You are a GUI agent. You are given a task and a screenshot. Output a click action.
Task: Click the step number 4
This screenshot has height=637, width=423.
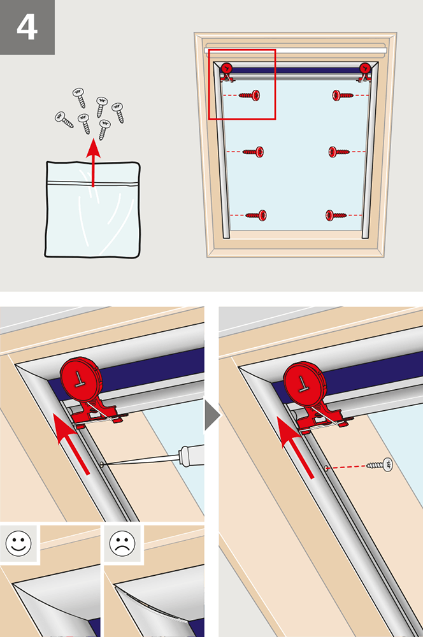27,27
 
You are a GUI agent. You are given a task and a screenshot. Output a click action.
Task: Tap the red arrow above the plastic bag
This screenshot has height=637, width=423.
93,162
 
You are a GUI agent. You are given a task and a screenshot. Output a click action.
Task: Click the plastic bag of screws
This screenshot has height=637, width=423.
93,210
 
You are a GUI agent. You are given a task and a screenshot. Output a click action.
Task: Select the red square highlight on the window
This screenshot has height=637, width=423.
242,84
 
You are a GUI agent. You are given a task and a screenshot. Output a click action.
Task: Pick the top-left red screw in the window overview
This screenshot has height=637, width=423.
251,96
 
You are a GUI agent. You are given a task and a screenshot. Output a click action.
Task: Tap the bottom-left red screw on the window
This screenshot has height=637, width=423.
256,215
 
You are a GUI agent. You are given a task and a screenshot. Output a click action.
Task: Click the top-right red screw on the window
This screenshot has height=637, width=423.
341,96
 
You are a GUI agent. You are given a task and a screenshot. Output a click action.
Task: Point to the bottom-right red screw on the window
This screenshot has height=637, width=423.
336,215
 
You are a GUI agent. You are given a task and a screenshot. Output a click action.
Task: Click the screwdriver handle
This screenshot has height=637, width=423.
192,454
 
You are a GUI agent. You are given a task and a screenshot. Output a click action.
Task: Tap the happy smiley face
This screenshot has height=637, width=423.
18,543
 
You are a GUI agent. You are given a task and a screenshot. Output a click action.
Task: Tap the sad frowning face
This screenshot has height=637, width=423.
122,543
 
